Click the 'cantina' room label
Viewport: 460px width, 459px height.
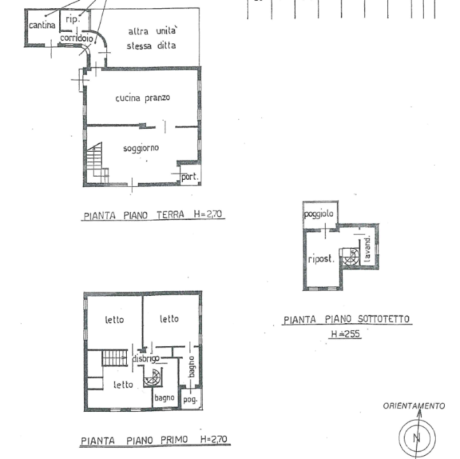point(41,25)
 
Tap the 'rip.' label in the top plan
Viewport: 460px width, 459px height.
point(71,20)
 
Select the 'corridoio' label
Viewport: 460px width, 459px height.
point(76,39)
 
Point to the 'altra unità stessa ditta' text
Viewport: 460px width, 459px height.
point(152,38)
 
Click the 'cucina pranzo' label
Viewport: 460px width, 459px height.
point(143,98)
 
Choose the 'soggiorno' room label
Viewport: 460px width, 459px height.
point(141,148)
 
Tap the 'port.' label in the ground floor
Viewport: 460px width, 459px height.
point(190,177)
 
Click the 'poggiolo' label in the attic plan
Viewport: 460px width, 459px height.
point(320,213)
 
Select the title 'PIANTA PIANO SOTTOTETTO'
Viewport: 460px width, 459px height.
point(347,319)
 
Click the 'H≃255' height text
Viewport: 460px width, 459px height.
point(345,333)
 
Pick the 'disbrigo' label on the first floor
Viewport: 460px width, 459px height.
point(146,359)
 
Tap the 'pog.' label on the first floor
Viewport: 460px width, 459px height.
point(190,400)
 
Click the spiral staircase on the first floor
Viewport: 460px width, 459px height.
point(152,378)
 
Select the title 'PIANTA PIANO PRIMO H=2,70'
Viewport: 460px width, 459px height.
point(154,440)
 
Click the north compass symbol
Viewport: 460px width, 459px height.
point(417,437)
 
